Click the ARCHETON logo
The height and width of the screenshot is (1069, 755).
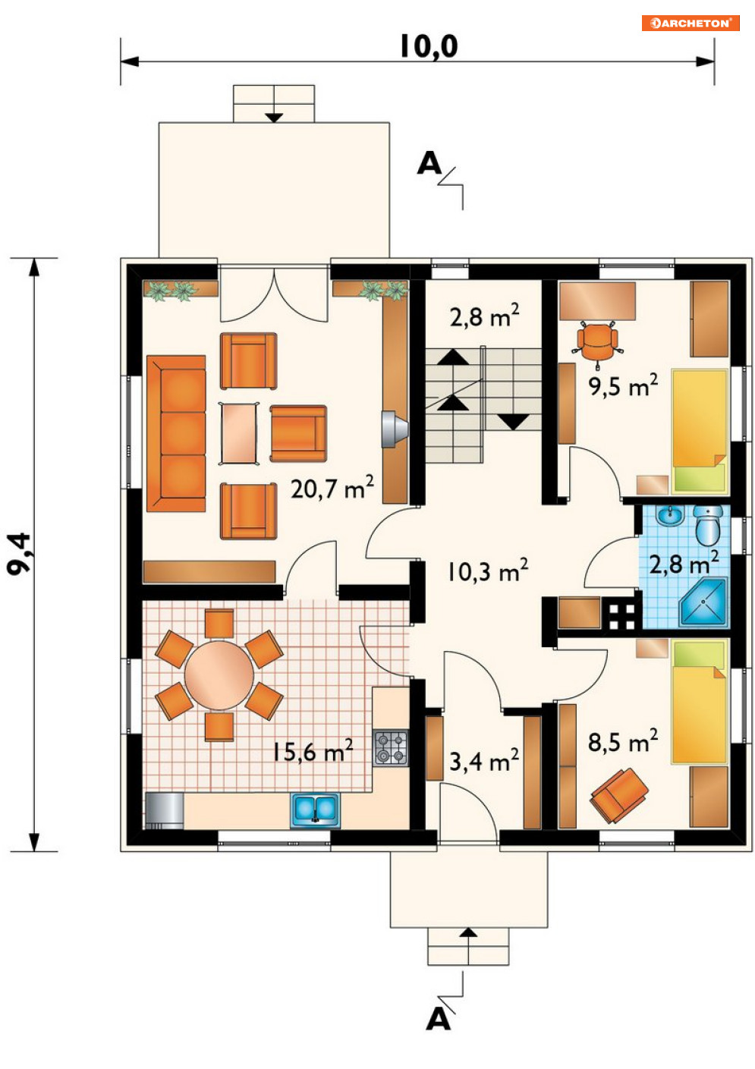coord(690,23)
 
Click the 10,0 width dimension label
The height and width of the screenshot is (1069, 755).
coord(428,46)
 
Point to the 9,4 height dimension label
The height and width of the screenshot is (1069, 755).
coord(20,554)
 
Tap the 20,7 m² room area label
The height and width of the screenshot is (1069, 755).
coord(332,488)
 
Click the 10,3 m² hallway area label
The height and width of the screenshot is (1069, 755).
coord(487,571)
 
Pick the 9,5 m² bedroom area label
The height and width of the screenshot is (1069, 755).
coord(624,385)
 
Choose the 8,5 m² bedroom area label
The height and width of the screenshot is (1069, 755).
coord(623,740)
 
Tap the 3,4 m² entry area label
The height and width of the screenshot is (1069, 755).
coord(484,760)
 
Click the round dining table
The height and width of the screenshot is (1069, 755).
coord(219,675)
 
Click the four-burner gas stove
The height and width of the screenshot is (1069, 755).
coord(391,748)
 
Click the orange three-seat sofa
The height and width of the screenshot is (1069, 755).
coord(176,433)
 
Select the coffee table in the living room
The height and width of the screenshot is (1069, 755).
coord(239,433)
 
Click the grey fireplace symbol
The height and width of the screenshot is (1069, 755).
coord(395,429)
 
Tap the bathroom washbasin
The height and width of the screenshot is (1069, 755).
coord(671,515)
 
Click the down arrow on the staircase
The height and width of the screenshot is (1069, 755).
coord(514,422)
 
